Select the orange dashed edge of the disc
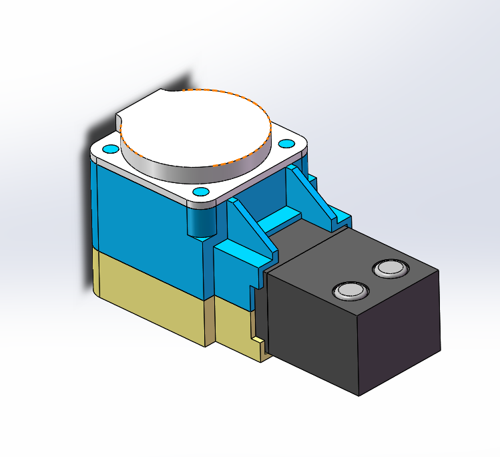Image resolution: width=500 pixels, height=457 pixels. point(230,93)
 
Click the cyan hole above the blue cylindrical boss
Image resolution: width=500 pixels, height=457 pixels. point(199,192)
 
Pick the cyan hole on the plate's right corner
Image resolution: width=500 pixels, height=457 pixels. point(286,144)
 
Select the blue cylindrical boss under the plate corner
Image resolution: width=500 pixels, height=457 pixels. point(198,222)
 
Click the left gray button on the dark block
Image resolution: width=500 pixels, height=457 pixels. point(350,291)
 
